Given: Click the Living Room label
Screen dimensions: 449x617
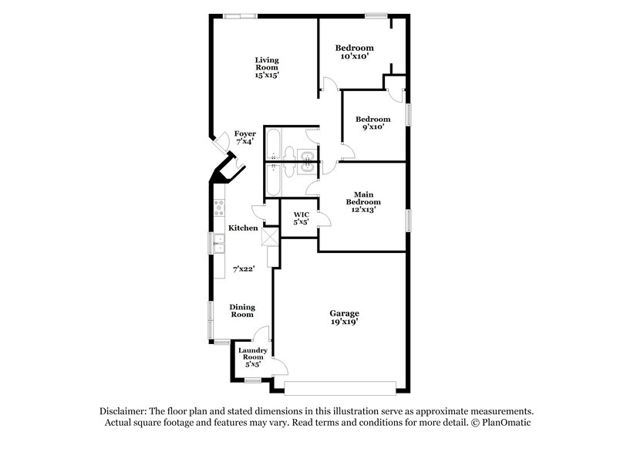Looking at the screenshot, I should (268, 67).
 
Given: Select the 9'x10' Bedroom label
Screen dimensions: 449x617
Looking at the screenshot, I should (373, 120).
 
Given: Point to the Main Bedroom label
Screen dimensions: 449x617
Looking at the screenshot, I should (364, 199).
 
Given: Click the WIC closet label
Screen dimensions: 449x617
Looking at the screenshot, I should (301, 218).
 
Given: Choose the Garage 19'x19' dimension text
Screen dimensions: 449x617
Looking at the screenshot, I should (346, 322).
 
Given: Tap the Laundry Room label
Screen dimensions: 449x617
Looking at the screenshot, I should (252, 356).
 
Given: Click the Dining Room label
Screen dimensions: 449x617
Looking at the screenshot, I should (242, 310).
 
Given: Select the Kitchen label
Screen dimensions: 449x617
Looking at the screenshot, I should (243, 228).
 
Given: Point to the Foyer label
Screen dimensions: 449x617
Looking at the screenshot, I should (245, 137).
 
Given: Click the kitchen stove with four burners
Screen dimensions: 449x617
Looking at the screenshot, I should (219, 206).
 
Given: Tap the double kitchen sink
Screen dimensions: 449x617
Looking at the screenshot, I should (219, 245).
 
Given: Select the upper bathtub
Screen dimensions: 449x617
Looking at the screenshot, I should (274, 143).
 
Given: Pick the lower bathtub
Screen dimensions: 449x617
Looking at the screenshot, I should (274, 180).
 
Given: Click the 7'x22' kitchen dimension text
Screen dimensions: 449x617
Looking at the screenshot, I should (244, 269).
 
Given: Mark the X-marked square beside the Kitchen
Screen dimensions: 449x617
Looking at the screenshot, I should (270, 237).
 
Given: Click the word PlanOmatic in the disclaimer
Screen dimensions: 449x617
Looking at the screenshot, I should (507, 424).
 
